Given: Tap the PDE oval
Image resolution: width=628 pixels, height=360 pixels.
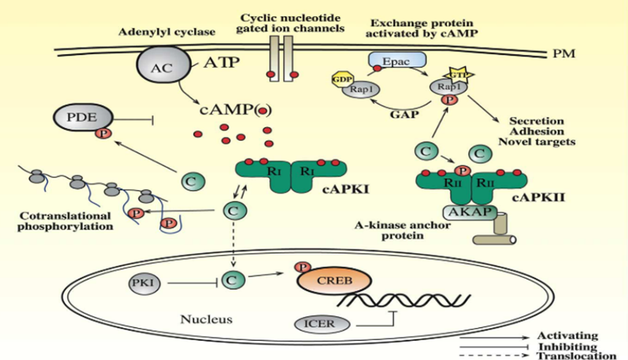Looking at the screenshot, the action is (x=83, y=117).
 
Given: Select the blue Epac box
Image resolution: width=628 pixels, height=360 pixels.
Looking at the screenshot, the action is (x=397, y=61).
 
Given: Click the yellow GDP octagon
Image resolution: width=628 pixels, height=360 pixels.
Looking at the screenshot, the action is (x=342, y=80).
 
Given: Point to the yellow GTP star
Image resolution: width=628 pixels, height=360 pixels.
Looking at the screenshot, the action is (x=458, y=74).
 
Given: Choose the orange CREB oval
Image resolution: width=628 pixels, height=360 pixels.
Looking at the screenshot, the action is (x=334, y=280).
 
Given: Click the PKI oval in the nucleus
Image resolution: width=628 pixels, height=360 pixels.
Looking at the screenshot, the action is (x=144, y=283).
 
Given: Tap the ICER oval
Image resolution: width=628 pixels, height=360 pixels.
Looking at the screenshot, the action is (x=321, y=323).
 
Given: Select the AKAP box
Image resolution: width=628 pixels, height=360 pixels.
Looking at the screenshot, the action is (x=470, y=212).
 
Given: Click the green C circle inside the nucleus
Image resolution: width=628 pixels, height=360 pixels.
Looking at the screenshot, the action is (x=232, y=280).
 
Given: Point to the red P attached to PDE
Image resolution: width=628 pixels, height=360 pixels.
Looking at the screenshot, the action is (x=103, y=133).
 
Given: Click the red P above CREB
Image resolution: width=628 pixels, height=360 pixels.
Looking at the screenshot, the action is (x=302, y=267).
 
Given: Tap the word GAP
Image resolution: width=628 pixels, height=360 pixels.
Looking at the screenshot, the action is (x=405, y=115).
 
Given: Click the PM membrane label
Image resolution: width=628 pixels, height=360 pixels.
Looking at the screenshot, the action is (x=564, y=53).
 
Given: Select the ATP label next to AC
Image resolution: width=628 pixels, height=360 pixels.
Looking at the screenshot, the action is (x=221, y=63).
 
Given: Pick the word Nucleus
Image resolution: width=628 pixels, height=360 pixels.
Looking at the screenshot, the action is (x=207, y=319).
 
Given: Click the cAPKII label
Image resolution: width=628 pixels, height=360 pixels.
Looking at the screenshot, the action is (x=538, y=197).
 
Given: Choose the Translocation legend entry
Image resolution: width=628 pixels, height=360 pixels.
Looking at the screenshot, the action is (x=576, y=356).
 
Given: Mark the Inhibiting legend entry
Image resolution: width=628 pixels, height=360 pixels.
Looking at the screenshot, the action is (x=567, y=346).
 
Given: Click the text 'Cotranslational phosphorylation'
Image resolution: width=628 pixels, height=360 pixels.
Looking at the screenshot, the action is (x=65, y=221).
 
